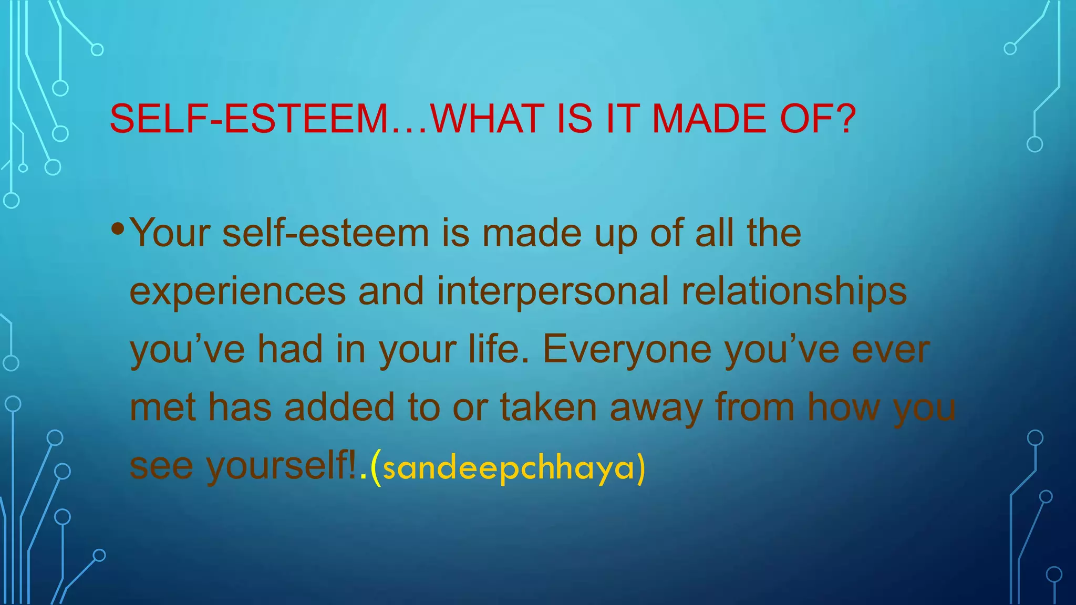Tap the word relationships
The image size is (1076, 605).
coord(794,292)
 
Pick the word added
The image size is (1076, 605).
coord(339,408)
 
